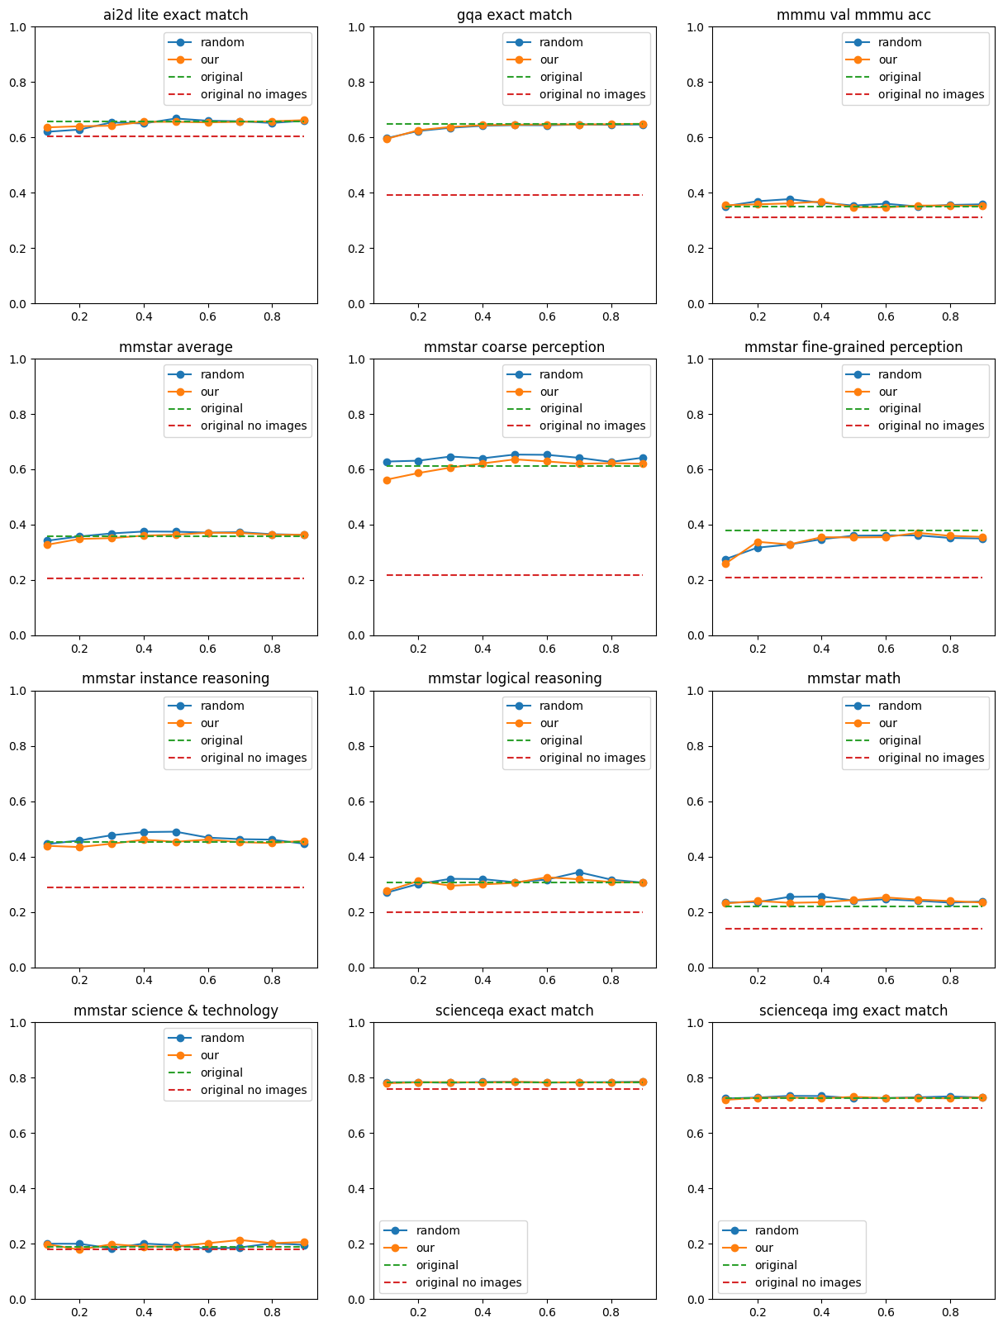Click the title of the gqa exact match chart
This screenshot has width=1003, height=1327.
514,15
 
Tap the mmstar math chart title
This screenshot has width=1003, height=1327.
853,678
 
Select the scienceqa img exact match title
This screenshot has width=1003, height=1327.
853,1011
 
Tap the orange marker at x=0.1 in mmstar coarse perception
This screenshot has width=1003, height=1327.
386,480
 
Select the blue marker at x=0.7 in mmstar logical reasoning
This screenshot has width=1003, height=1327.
579,873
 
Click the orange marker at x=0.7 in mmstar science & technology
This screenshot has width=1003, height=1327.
240,1240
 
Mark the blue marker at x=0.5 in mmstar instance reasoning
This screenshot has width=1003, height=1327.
176,832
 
